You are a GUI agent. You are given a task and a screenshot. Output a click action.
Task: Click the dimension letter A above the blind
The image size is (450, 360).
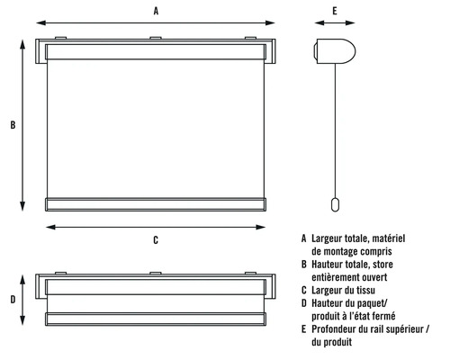click(156, 12)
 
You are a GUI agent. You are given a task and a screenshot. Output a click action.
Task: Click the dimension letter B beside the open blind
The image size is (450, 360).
click(12, 125)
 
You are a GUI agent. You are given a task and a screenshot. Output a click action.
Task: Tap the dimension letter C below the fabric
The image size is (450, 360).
click(156, 239)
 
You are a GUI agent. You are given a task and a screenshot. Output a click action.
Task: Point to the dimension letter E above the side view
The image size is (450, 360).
click(334, 12)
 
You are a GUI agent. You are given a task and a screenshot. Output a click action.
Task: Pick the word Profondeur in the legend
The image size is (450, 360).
click(337, 329)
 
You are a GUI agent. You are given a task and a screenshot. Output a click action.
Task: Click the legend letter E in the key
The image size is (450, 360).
click(304, 329)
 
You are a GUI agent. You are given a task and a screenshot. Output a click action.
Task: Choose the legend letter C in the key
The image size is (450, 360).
click(304, 290)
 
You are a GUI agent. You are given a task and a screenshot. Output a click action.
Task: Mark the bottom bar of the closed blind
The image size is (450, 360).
click(156, 318)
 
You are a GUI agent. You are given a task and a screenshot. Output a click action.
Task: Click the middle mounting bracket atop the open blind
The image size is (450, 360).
click(156, 39)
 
